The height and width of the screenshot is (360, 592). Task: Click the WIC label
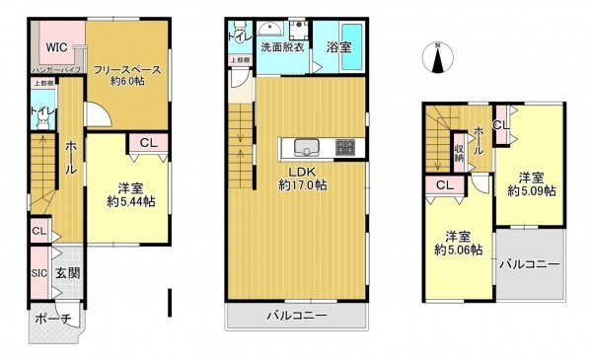[54, 45]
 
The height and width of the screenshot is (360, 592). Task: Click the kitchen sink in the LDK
[306, 149]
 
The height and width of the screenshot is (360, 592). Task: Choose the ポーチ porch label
[53, 320]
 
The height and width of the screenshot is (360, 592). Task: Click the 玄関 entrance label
[66, 273]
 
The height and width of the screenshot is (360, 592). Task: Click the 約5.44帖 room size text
[131, 202]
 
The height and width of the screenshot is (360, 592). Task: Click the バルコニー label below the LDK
[296, 316]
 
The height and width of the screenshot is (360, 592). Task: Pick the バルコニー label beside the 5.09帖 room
[528, 264]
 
